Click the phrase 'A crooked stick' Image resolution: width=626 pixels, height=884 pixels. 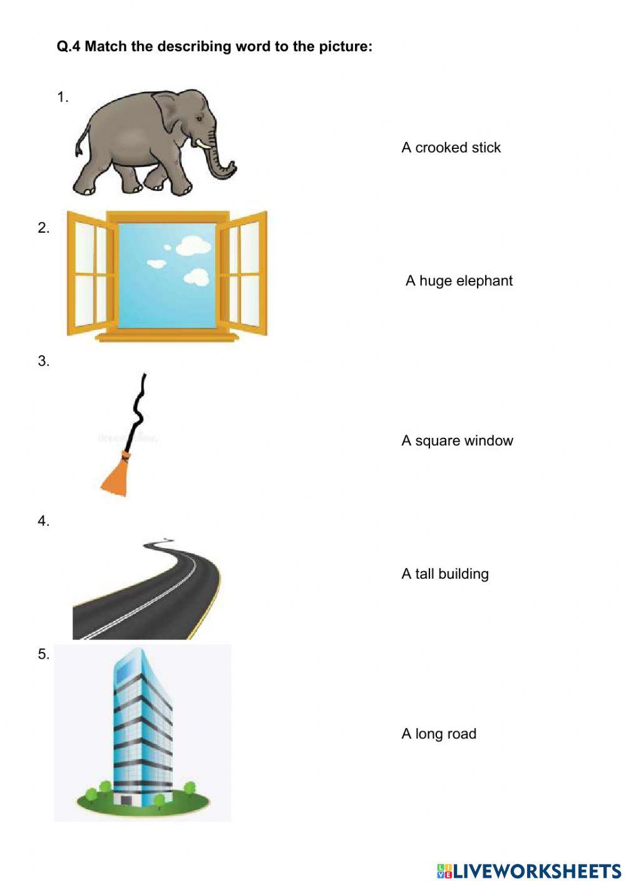[451, 148]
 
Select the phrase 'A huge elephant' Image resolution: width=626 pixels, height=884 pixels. [459, 281]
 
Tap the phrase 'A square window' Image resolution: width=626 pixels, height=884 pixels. [457, 441]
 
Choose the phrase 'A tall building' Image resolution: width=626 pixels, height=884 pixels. [444, 574]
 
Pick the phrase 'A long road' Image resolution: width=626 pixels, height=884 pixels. [438, 734]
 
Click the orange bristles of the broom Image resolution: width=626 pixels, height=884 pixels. [116, 475]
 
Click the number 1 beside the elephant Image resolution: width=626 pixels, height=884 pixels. [62, 98]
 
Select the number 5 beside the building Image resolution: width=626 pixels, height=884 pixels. [43, 654]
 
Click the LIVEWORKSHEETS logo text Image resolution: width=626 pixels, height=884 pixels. [536, 871]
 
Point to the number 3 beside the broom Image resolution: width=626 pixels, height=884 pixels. [43, 362]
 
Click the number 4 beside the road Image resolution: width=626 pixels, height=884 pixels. [43, 521]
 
